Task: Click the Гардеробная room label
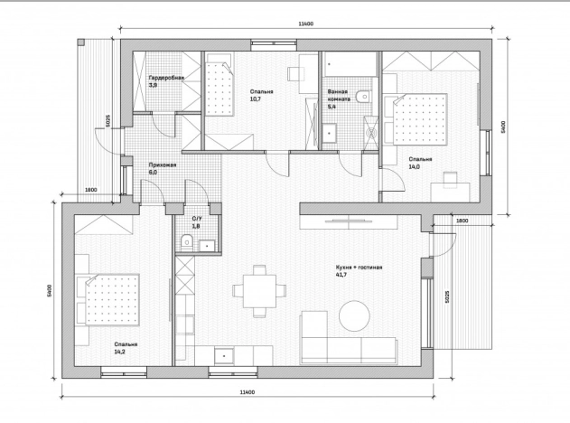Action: point(166,78)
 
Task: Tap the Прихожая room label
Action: point(162,164)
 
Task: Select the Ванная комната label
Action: point(339,95)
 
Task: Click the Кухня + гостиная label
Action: point(359,268)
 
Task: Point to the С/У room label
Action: point(197,219)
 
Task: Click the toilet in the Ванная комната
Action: point(363,97)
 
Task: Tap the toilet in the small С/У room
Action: point(186,242)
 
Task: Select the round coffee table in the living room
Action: point(354,315)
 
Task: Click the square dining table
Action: point(259,291)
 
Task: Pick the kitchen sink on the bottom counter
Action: point(224,356)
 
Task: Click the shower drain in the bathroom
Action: point(371,133)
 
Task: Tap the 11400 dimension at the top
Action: point(305,24)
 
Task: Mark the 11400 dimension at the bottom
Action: point(248,392)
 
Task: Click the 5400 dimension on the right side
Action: point(503,127)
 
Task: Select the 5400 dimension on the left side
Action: point(50,290)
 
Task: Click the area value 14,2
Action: point(120,352)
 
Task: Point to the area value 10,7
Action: point(256,99)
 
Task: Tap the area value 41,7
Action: point(341,275)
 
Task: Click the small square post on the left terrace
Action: point(80,42)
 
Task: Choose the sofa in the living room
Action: point(349,337)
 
